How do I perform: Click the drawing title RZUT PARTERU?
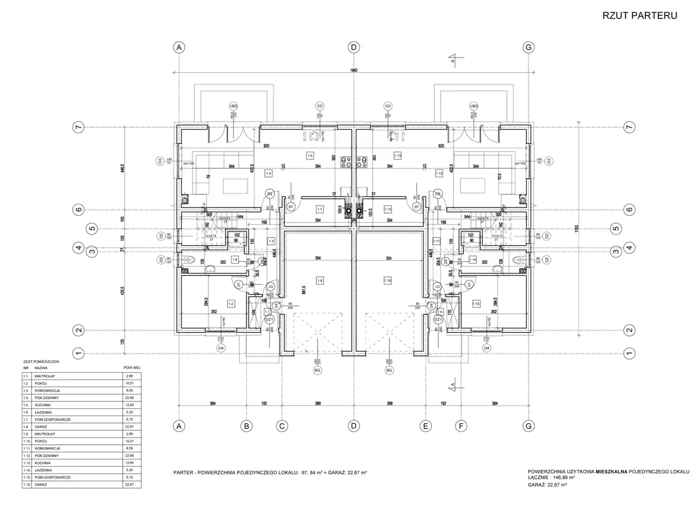(639, 16)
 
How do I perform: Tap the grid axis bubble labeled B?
(246, 427)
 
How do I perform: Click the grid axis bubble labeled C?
(282, 427)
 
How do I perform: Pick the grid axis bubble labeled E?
(426, 427)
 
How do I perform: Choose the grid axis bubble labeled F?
(461, 427)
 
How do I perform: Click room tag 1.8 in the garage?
(320, 281)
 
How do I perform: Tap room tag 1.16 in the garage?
(387, 281)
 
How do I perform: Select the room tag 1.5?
(310, 155)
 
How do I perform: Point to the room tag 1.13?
(397, 155)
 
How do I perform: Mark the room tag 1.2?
(231, 304)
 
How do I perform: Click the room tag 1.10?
(476, 304)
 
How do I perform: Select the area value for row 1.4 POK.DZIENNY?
(130, 398)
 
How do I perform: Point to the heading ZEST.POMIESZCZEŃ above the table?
(41, 361)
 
